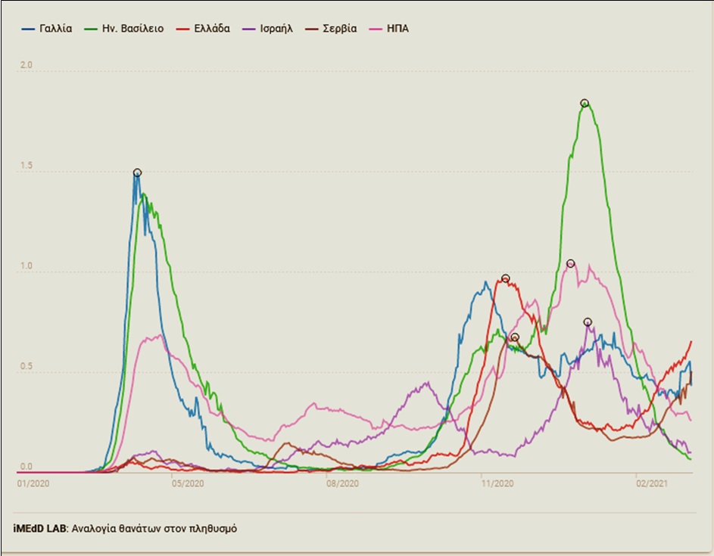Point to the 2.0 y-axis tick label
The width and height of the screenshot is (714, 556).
pos(26,67)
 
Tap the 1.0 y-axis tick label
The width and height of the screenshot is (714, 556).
pos(26,266)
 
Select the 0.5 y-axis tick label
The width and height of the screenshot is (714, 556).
pos(26,366)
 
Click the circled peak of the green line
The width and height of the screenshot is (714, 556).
pos(585,103)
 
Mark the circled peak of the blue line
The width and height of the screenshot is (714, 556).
pos(137,172)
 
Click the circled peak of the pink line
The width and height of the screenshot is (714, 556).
pos(570,263)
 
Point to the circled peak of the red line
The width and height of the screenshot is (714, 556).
pos(506,278)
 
